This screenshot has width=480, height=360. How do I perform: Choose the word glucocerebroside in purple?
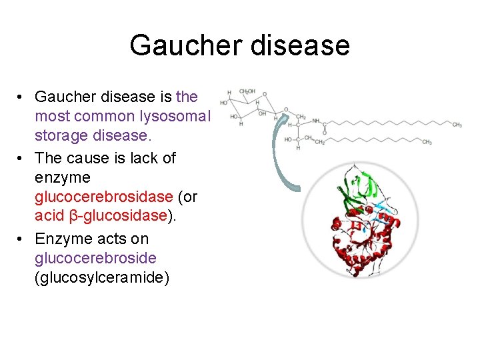[x=95, y=258]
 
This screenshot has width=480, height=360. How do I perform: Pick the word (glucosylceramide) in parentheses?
[x=102, y=277]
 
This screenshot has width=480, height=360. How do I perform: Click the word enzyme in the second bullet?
[x=63, y=178]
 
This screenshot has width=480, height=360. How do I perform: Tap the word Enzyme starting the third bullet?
[x=64, y=239]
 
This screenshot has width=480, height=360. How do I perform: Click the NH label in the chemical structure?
[x=317, y=121]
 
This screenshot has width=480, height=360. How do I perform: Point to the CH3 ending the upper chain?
[x=457, y=125]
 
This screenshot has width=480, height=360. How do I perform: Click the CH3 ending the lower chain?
[x=427, y=142]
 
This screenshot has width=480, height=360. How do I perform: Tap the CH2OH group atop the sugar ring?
[x=247, y=91]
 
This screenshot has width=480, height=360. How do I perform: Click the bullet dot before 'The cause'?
[x=21, y=158]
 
